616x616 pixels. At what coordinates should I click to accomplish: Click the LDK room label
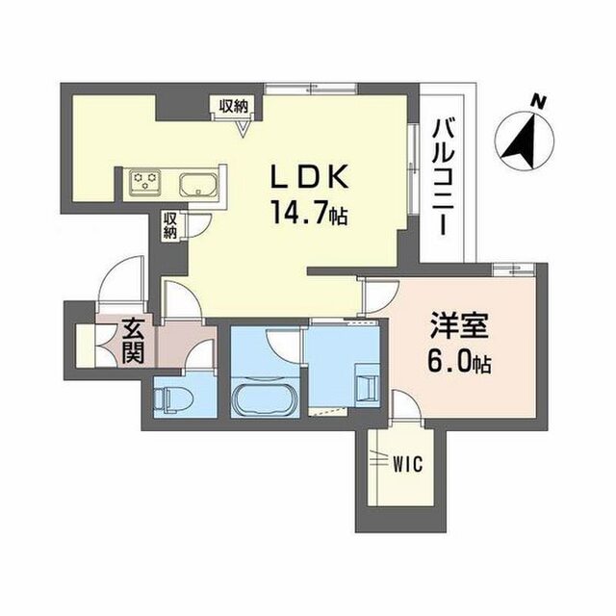(x=309, y=178)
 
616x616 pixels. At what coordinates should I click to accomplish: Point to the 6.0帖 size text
(x=459, y=364)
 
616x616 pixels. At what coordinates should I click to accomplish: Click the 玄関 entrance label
(x=133, y=341)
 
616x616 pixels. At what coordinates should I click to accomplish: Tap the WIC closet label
(x=408, y=464)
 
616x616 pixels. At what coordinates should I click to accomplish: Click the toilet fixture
(x=173, y=399)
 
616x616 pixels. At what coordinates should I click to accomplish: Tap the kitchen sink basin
(x=199, y=184)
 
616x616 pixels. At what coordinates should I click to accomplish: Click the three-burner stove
(x=145, y=182)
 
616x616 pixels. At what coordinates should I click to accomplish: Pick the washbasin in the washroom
(x=368, y=385)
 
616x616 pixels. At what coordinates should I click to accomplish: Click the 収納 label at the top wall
(x=234, y=106)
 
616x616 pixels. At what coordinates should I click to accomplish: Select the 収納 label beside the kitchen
(x=169, y=225)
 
